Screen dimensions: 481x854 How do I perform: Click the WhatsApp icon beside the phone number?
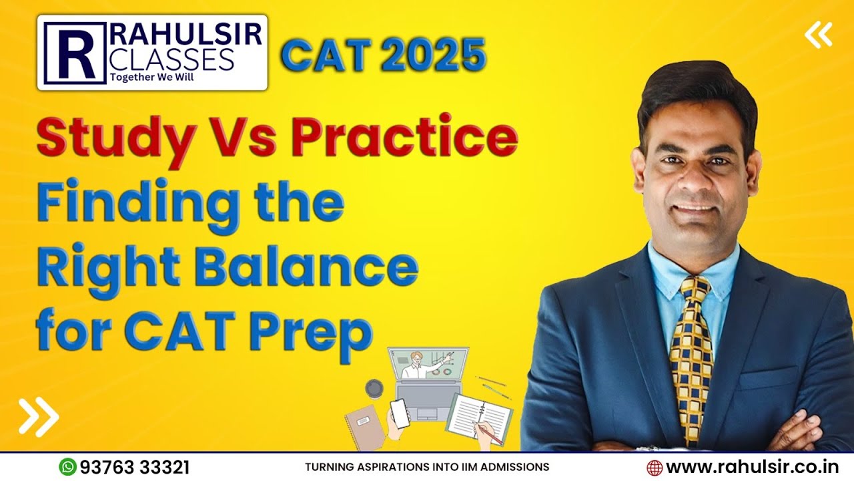tap(67, 466)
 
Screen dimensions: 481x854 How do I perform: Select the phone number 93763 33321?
tap(134, 467)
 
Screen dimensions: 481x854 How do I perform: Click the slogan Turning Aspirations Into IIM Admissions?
tap(427, 467)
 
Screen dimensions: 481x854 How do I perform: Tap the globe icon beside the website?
tap(655, 467)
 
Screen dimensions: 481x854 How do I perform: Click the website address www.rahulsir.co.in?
tap(752, 467)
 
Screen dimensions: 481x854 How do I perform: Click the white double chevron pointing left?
tap(818, 35)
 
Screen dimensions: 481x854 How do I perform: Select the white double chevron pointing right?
tap(39, 416)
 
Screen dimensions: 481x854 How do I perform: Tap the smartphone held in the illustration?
tap(400, 414)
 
